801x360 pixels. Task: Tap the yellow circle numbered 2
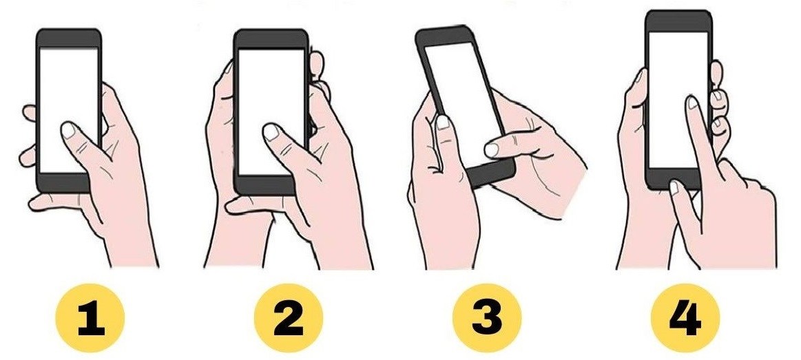288,321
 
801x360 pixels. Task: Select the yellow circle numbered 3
486,321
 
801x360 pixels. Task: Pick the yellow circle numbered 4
685,321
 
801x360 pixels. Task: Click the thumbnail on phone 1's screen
70,130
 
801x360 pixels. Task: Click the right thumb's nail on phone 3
492,147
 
